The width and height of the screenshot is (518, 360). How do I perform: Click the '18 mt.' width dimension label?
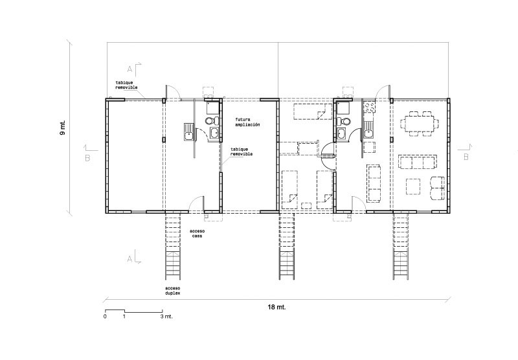coord(276,307)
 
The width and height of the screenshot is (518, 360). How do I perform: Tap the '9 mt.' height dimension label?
coord(63,127)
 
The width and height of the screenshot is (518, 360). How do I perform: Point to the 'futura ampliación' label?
coord(247,122)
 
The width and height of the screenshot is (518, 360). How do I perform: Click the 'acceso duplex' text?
coord(173,290)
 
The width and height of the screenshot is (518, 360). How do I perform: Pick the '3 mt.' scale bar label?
coord(167,317)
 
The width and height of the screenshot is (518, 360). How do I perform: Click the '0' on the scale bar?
coord(105,317)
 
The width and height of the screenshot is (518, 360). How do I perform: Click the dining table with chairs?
coord(420,124)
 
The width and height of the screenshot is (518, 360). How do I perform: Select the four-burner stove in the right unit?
coord(369,106)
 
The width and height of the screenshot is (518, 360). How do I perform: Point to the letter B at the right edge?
coord(466,157)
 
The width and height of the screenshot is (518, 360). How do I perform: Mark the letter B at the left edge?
coord(87,158)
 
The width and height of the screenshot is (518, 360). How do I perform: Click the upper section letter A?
coord(130,69)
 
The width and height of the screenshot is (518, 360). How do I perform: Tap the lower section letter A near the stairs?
coord(130,259)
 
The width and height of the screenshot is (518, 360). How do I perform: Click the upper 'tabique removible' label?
coord(126,85)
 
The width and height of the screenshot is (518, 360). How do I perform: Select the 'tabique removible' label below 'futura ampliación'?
coord(242,152)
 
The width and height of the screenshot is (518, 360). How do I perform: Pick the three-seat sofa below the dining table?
coord(418,161)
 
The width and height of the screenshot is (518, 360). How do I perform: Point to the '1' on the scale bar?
coord(124,317)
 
